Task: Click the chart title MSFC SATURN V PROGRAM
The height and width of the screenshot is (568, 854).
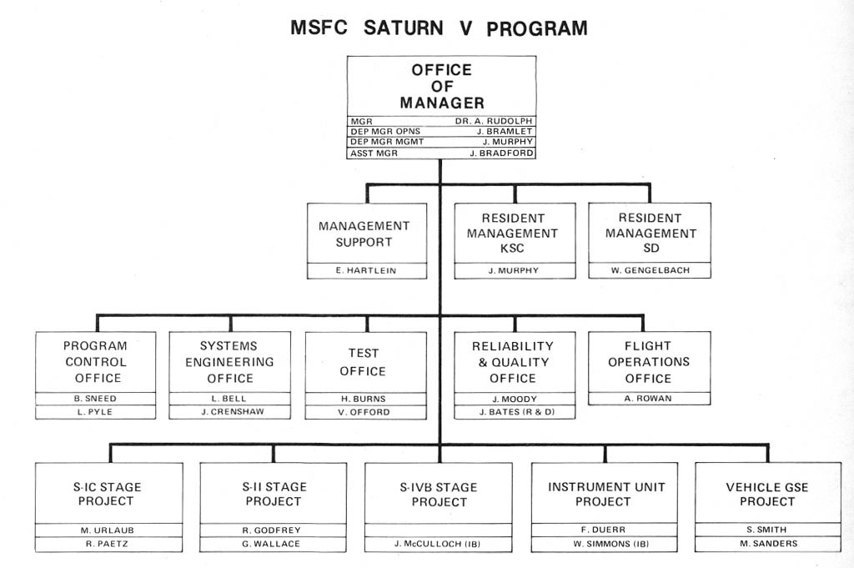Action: [439, 28]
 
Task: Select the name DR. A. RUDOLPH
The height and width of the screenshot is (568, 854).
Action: [494, 120]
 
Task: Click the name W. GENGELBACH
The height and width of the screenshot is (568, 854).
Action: [650, 270]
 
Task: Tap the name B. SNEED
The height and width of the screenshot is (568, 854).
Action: [95, 399]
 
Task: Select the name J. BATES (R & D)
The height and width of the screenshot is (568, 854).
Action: [514, 411]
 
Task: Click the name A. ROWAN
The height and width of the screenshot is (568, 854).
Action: [649, 399]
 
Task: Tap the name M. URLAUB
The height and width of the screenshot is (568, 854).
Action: [108, 530]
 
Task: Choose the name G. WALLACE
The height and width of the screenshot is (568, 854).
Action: [273, 544]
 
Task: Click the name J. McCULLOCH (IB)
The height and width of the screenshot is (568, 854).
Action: [439, 544]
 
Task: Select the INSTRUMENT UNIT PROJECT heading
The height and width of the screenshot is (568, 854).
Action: [603, 494]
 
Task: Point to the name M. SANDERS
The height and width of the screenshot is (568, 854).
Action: [768, 544]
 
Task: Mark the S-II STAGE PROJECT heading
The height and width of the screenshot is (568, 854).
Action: [273, 494]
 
